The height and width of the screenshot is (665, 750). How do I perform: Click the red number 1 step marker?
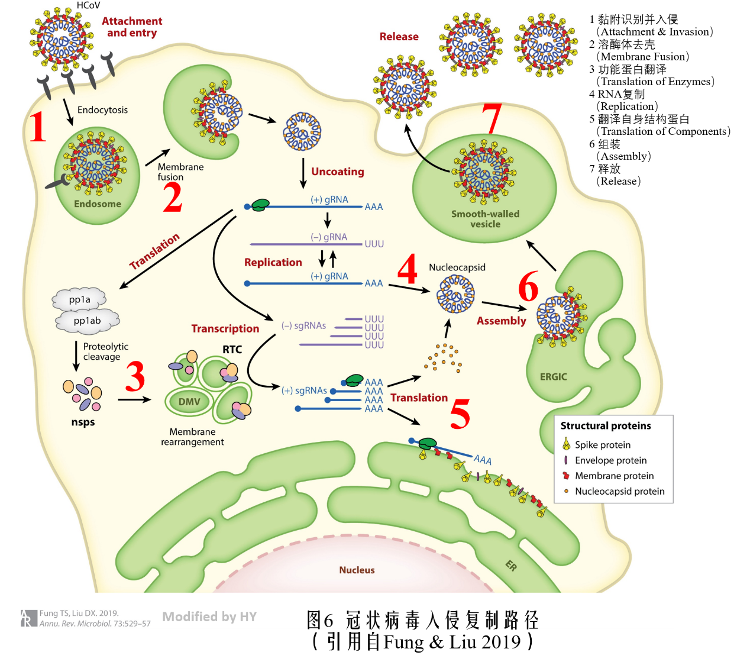[x=38, y=127]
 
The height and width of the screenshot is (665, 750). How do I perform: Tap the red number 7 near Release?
[x=492, y=118]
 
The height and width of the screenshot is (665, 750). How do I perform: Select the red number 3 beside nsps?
[x=135, y=377]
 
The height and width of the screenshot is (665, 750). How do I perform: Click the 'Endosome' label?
[x=98, y=204]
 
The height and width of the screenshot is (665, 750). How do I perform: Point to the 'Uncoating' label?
[x=338, y=172]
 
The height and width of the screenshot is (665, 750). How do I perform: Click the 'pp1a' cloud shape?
[x=80, y=300]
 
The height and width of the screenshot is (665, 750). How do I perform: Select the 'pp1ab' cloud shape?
[x=88, y=321]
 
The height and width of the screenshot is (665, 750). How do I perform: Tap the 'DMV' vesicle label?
[x=189, y=402]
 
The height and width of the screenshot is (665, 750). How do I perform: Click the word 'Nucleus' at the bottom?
[x=357, y=570]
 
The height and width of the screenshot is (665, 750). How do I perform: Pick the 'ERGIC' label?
[x=553, y=377]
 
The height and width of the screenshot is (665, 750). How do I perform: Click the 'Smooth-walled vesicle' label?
[x=485, y=219]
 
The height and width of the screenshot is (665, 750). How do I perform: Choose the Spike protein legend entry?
[x=602, y=445]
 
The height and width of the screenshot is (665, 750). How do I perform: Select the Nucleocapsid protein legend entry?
[x=619, y=491]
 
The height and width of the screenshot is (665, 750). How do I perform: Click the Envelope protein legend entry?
[x=610, y=460]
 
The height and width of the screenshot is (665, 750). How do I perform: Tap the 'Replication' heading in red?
[x=273, y=262]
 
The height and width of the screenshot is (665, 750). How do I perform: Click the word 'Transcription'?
[x=225, y=328]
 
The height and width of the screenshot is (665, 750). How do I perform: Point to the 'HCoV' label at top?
[x=89, y=5]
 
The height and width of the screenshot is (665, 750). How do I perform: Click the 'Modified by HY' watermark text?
[x=209, y=617]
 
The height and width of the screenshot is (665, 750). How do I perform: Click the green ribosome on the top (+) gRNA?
[x=259, y=205]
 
